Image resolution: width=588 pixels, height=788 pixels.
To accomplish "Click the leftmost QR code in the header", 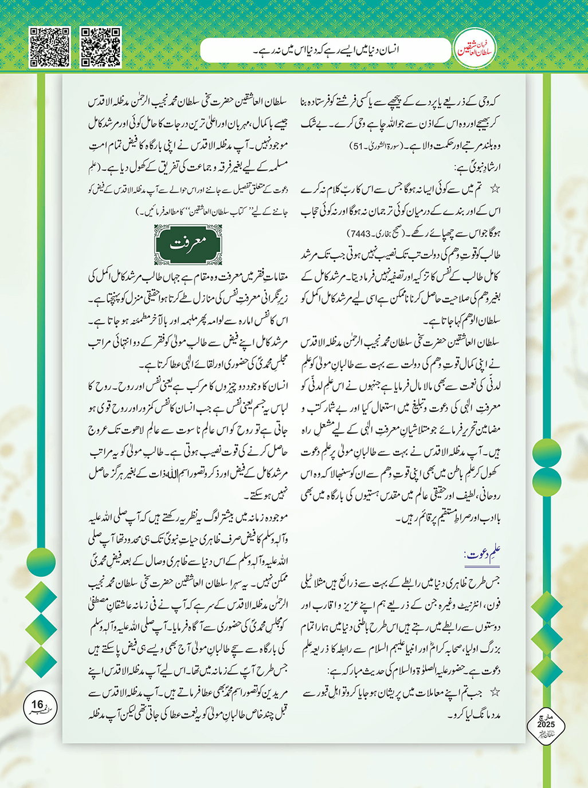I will pyautogui.click(x=49, y=47).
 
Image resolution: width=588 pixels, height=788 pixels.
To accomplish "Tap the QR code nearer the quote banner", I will pyautogui.click(x=101, y=47).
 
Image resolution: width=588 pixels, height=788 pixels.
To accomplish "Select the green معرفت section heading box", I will pyautogui.click(x=188, y=245).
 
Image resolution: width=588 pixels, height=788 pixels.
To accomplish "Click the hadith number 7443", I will pyautogui.click(x=358, y=234).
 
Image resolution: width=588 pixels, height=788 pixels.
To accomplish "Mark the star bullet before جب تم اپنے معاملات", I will pyautogui.click(x=495, y=692).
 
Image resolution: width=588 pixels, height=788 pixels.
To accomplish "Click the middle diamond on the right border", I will pyautogui.click(x=547, y=636).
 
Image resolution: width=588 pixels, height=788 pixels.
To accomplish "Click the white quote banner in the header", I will pyautogui.click(x=324, y=50).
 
